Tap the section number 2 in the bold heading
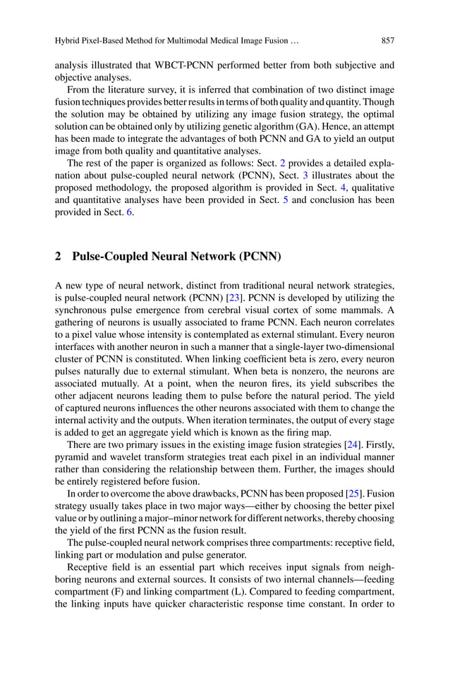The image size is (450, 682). (58, 257)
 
